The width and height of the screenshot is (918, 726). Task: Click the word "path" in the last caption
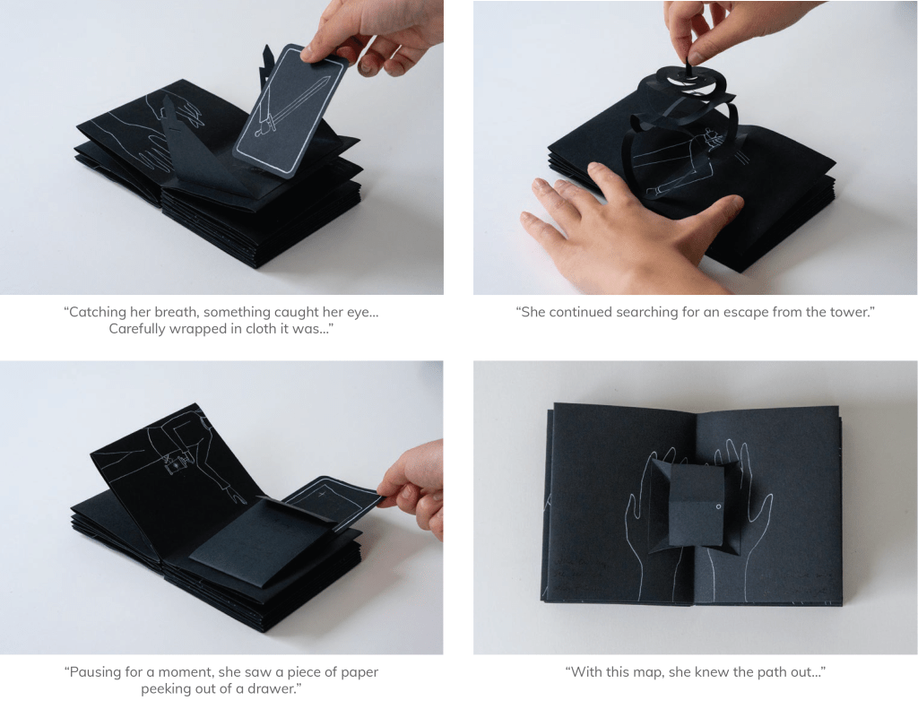click(770, 671)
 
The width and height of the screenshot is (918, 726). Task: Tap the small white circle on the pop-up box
click(718, 507)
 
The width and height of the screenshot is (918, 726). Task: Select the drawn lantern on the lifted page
click(177, 463)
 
